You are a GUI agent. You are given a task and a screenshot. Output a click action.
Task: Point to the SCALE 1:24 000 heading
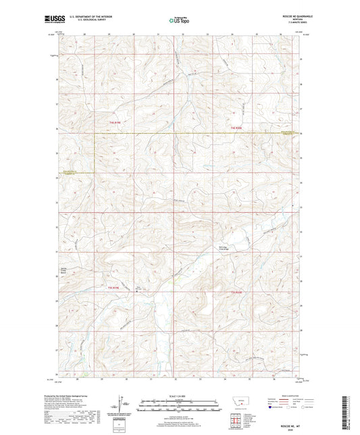pos(179,395)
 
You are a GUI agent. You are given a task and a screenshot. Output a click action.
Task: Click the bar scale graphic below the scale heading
pos(179,405)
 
